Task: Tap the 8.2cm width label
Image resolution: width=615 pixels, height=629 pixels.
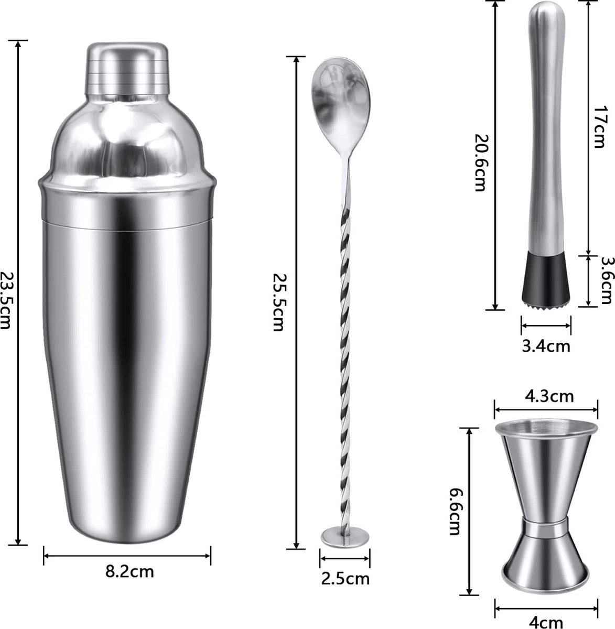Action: [x=130, y=571]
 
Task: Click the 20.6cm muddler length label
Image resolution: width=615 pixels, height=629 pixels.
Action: [x=480, y=162]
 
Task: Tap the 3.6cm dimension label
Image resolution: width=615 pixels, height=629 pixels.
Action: [x=607, y=280]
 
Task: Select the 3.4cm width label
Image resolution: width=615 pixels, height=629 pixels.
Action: [x=546, y=346]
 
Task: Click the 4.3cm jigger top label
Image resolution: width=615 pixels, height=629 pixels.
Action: [x=549, y=396]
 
